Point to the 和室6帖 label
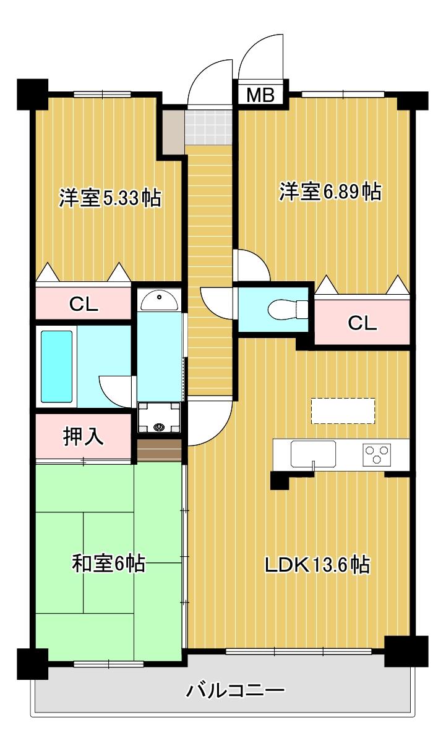point(109,563)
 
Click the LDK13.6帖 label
point(317,564)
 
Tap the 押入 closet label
point(84,437)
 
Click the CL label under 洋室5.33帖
point(84,304)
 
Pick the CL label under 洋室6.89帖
point(362,323)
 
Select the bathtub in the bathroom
point(57,366)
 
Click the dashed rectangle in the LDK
point(343,411)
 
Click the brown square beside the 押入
point(159,450)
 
